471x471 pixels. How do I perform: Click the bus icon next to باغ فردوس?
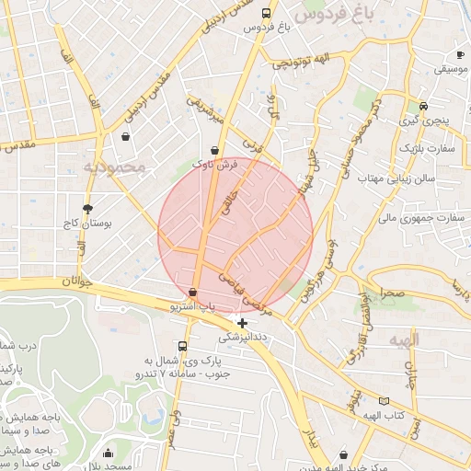[266, 14]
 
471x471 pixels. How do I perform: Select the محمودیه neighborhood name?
[115, 167]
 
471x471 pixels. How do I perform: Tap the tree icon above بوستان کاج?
[87, 209]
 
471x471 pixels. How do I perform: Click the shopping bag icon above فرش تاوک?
[215, 147]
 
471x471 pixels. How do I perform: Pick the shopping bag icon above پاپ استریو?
[192, 292]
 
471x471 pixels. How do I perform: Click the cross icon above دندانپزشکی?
[241, 323]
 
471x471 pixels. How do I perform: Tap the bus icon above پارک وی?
[183, 347]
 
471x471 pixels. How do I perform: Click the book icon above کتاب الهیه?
[384, 402]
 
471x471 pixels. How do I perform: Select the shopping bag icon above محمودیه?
[124, 138]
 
